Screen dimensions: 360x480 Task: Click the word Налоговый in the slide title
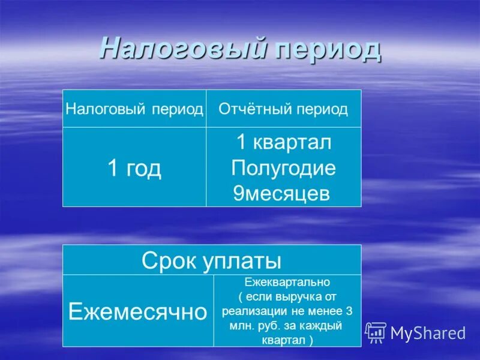[183, 48]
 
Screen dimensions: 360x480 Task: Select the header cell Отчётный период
[283, 109]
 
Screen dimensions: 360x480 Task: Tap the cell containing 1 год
[134, 169]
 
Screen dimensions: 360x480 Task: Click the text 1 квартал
[283, 143]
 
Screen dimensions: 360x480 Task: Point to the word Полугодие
[283, 168]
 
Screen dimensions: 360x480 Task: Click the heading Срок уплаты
[212, 260]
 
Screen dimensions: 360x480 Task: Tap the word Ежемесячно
[137, 311]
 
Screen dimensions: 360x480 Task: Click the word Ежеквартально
[287, 281]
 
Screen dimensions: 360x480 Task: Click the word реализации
[250, 311]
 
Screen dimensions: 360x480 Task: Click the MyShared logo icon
[376, 332]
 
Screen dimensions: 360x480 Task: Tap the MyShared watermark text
[428, 333]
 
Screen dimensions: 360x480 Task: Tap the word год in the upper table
[144, 169]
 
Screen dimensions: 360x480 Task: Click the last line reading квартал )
[287, 340]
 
